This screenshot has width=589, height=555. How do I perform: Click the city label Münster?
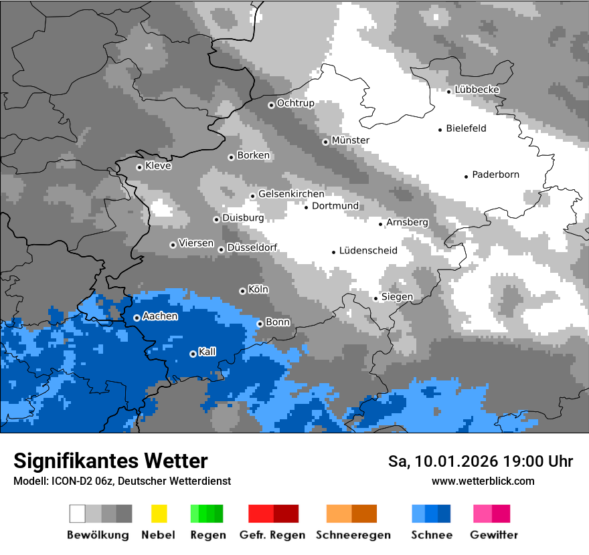(351, 140)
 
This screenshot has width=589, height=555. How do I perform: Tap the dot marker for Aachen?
(137, 318)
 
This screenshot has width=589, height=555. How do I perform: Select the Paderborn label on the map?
(495, 175)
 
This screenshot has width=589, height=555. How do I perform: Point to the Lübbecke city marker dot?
(449, 91)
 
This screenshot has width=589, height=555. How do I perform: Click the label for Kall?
(207, 352)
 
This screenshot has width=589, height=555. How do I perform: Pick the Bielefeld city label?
(466, 128)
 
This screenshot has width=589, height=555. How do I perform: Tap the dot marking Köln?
(242, 291)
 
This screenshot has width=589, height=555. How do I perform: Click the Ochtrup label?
(295, 103)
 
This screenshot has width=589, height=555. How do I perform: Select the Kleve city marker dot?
(139, 167)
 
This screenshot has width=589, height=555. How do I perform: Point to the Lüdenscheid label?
(368, 251)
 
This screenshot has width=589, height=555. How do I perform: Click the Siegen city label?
(397, 297)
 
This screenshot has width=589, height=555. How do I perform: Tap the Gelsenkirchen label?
(291, 194)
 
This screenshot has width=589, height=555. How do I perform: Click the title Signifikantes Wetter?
(110, 461)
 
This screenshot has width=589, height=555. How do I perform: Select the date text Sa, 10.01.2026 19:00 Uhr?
(481, 461)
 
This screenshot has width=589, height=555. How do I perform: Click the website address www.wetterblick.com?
(483, 481)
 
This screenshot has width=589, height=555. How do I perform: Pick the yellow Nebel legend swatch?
(159, 514)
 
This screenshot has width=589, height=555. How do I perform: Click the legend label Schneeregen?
(353, 535)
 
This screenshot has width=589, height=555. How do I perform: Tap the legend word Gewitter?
(493, 535)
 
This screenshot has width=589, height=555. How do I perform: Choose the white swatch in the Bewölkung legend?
(78, 514)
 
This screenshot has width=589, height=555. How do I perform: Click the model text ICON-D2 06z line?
(122, 481)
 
